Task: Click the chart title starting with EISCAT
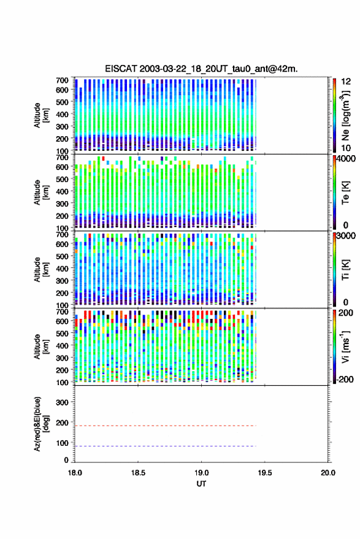click(x=201, y=69)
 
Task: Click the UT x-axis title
click(x=201, y=484)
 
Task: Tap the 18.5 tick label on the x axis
click(x=138, y=473)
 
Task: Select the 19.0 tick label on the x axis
click(x=201, y=473)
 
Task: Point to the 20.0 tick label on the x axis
click(x=328, y=473)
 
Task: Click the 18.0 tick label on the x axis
click(x=75, y=473)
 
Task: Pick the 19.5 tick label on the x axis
click(x=264, y=473)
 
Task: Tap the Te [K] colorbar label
click(x=345, y=193)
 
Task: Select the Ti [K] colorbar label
click(x=345, y=270)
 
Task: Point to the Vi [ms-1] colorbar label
click(x=345, y=346)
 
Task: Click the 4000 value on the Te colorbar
click(x=347, y=159)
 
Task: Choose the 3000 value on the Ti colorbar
click(x=347, y=236)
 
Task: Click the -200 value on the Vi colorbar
click(x=344, y=380)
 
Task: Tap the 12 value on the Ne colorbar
click(x=347, y=82)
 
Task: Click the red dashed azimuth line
click(x=166, y=426)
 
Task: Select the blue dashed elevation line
click(x=166, y=446)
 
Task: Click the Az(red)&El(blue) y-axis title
click(x=41, y=424)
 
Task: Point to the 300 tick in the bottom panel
click(x=62, y=402)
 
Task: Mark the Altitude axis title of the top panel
click(x=41, y=115)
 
